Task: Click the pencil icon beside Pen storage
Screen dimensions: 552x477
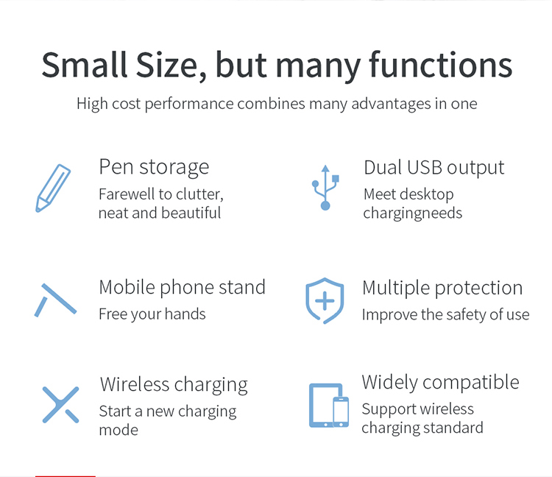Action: point(53,188)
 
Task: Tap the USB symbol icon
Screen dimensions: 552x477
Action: point(325,187)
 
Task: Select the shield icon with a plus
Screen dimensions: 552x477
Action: point(325,300)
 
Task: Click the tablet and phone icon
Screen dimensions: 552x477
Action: point(329,405)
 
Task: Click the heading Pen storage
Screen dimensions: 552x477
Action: point(154,167)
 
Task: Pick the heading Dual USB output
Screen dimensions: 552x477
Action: point(434,168)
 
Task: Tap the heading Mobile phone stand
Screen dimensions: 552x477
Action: point(182,287)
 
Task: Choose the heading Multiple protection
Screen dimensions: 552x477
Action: point(442,288)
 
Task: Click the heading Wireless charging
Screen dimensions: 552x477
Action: point(174,384)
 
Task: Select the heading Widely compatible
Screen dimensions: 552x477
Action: point(440,382)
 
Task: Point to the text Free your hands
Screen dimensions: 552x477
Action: point(152,314)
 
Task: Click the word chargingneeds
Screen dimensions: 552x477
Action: point(413,213)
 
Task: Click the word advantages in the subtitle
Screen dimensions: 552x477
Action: point(391,105)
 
